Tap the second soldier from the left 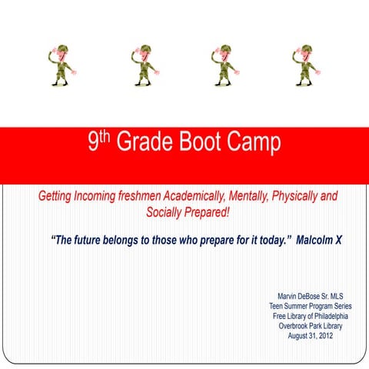pos(143,65)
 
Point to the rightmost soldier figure pos(304,65)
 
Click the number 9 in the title pos(93,143)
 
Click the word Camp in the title pos(258,143)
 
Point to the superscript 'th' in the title pos(105,137)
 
